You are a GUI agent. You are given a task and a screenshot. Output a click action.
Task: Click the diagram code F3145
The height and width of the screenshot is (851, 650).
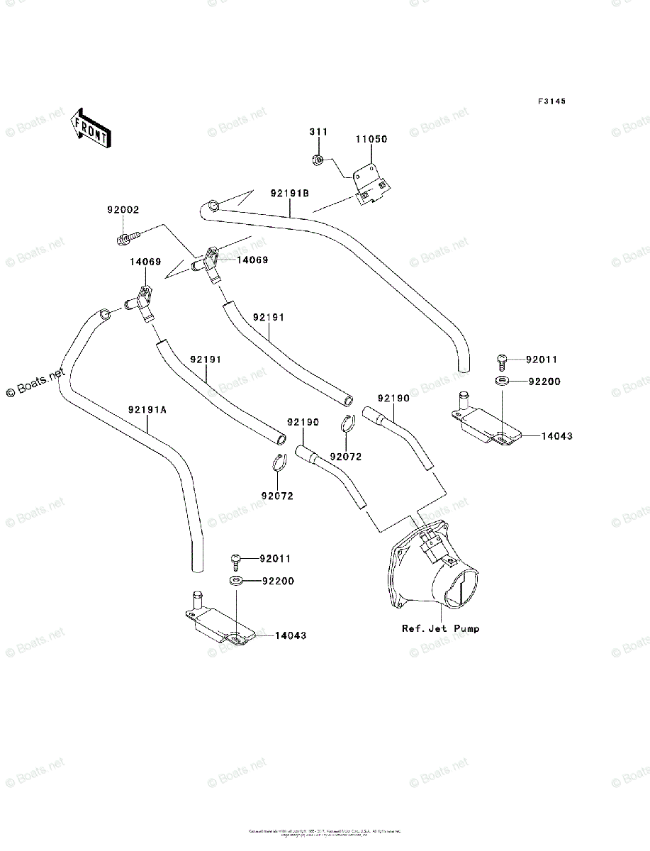pyautogui.click(x=551, y=102)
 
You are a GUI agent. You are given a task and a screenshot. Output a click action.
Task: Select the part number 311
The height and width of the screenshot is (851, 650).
pyautogui.click(x=318, y=133)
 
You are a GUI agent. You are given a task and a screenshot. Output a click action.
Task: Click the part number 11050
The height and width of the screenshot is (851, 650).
pyautogui.click(x=371, y=140)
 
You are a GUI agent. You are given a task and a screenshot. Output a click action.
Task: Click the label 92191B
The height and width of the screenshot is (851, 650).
pyautogui.click(x=290, y=193)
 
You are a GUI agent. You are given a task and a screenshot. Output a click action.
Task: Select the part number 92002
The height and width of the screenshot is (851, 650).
pyautogui.click(x=123, y=210)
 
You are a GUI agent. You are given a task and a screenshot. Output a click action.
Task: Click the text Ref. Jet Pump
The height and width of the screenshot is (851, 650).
pyautogui.click(x=440, y=628)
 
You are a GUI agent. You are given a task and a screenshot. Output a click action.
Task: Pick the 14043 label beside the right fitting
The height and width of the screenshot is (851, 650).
pyautogui.click(x=557, y=436)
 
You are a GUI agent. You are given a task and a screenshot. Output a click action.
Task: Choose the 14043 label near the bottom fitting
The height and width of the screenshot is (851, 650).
pyautogui.click(x=291, y=635)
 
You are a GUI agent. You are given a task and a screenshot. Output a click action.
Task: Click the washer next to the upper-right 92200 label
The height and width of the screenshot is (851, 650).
pyautogui.click(x=502, y=382)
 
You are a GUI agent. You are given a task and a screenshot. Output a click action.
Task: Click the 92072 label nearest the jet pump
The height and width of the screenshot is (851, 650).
pyautogui.click(x=346, y=457)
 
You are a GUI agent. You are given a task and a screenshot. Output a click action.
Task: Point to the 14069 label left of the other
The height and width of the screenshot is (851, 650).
pyautogui.click(x=145, y=262)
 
